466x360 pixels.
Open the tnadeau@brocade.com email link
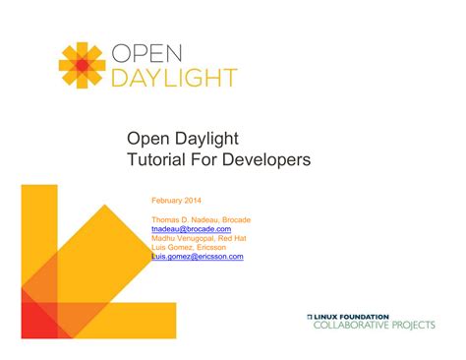click(x=191, y=228)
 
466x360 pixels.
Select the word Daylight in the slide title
click(x=206, y=138)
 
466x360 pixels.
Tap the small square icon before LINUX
click(x=311, y=316)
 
